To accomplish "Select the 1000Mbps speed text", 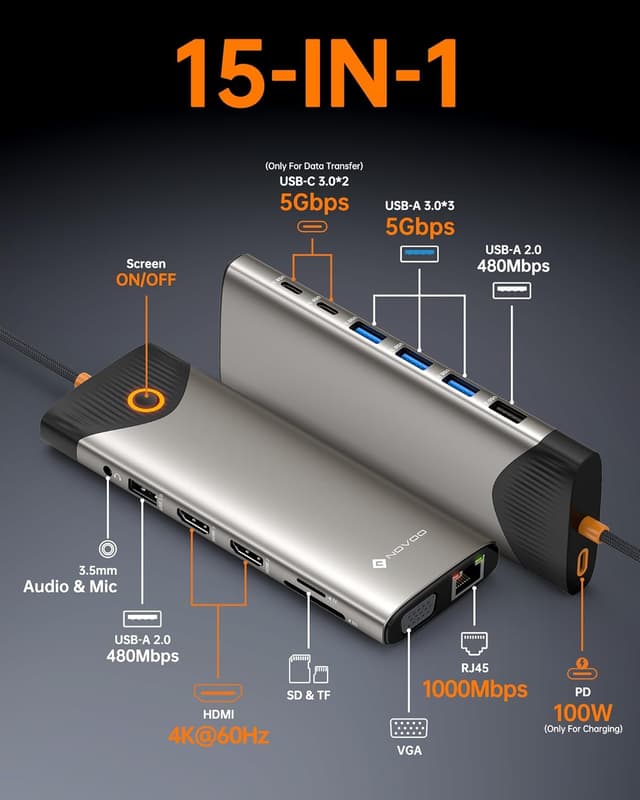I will click(474, 688).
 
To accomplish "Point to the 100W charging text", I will click(581, 712).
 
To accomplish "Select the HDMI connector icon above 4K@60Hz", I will click(218, 694).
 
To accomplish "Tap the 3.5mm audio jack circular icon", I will click(107, 548).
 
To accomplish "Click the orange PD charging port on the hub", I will click(578, 562).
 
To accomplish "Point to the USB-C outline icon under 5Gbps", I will click(310, 227).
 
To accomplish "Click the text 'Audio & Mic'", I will click(70, 586).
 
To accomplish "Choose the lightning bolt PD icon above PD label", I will click(581, 667).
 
